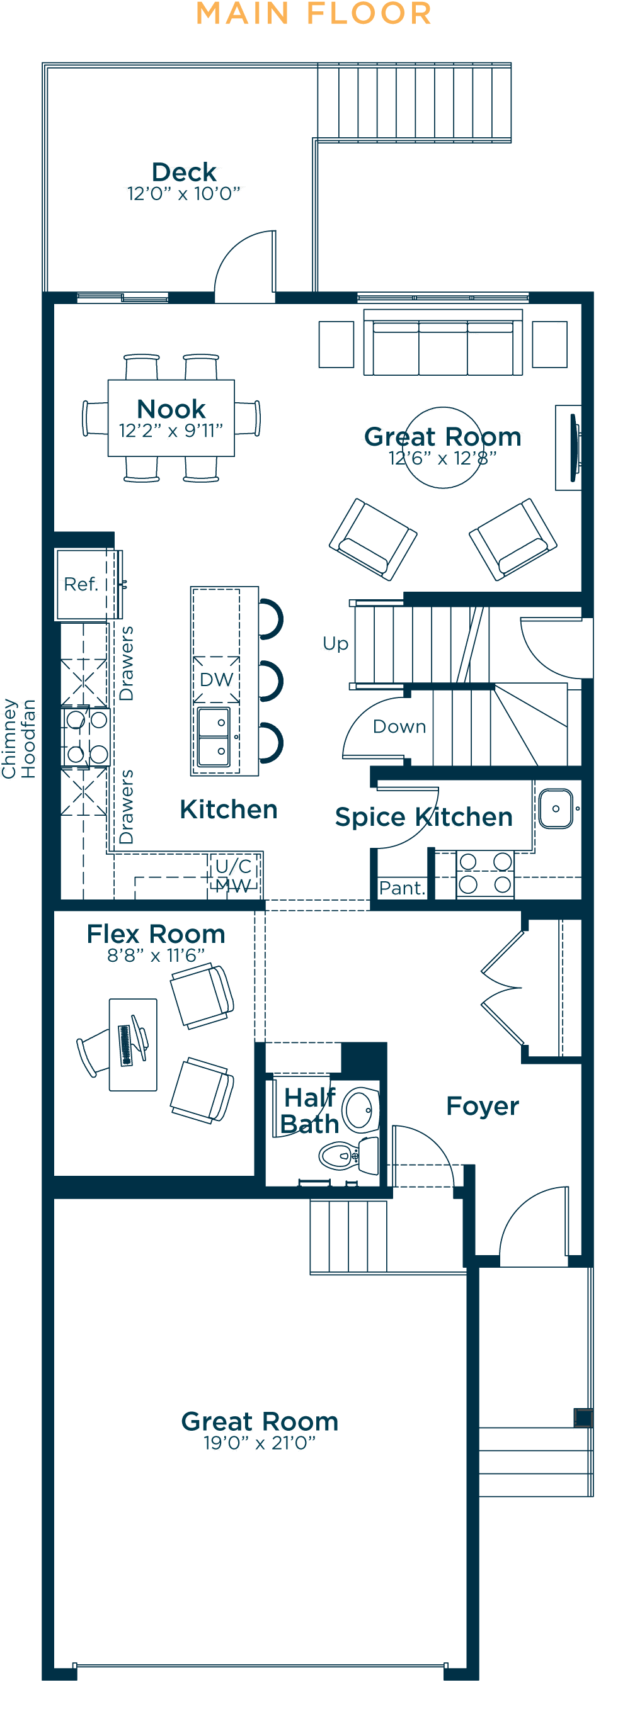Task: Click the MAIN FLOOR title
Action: tap(314, 13)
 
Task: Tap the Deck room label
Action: tap(183, 172)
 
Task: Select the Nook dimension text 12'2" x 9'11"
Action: tap(171, 431)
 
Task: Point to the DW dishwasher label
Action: tap(216, 679)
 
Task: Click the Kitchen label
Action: tap(229, 809)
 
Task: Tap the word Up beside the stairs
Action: tap(336, 644)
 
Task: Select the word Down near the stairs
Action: tap(399, 726)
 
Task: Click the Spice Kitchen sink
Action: tap(556, 808)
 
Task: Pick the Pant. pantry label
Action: tap(402, 888)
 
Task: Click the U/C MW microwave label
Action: tap(233, 876)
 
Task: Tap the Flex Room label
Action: tap(156, 934)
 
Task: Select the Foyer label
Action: tap(483, 1106)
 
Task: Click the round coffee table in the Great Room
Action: tap(443, 448)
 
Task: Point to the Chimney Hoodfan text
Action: tap(19, 738)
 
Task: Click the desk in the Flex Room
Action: tap(133, 1045)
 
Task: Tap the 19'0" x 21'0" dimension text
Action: tap(260, 1443)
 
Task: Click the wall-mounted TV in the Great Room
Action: tap(574, 448)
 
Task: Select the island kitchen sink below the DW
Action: tap(214, 737)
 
